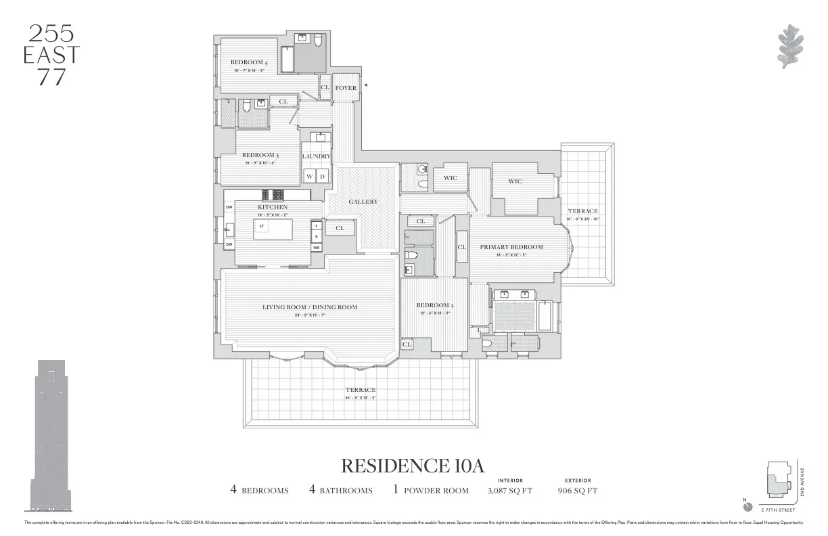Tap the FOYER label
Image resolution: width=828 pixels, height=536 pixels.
(x=346, y=88)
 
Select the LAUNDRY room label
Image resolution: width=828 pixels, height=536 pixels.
(x=316, y=156)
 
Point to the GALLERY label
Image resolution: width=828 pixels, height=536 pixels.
(x=363, y=202)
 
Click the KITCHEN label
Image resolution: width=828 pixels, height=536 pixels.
(x=273, y=207)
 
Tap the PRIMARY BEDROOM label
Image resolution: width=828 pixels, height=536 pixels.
(x=511, y=247)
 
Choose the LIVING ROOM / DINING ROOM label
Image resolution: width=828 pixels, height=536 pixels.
(x=310, y=307)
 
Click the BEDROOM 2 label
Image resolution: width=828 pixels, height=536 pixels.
(x=435, y=305)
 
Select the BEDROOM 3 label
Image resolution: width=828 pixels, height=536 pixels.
(x=260, y=155)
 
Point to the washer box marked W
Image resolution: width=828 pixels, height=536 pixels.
(x=310, y=177)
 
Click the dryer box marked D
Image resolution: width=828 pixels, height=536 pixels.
(x=323, y=177)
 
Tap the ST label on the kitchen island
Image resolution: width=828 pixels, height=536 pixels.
(x=262, y=226)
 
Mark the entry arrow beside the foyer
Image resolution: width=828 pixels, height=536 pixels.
(x=365, y=85)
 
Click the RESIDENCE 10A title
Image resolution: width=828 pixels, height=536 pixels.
(x=413, y=466)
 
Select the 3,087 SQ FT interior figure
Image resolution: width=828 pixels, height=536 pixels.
(x=509, y=491)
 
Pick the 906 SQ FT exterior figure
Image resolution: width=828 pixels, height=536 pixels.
(x=577, y=491)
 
